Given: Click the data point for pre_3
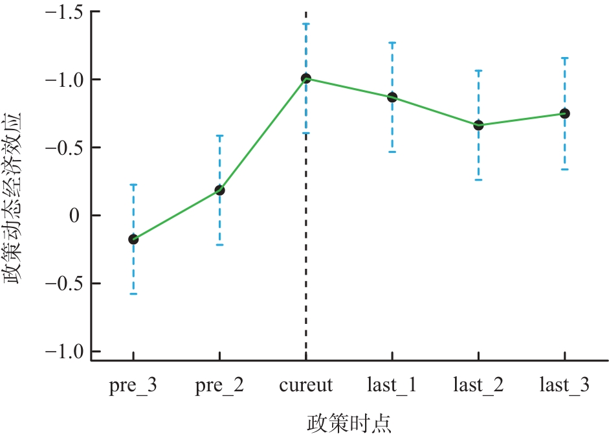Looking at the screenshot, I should tap(133, 239).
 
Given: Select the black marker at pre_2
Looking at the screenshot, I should tap(219, 190).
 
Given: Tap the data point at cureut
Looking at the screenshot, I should tap(306, 78).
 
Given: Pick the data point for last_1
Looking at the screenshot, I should tap(392, 97).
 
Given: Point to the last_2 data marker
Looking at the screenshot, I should tap(478, 125).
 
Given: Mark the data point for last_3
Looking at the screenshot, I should tap(564, 113).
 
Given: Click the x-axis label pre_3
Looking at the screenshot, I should tap(133, 386).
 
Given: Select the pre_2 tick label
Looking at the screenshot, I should tap(219, 386).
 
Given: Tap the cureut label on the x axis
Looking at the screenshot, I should tap(306, 386).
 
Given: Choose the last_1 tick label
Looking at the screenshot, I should tap(392, 386).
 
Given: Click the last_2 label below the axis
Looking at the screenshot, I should tap(478, 386).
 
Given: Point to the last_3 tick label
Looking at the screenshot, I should tap(564, 386).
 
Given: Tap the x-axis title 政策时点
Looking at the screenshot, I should tap(349, 424).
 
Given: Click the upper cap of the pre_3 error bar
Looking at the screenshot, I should tap(133, 185).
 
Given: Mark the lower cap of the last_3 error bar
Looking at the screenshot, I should tap(564, 169).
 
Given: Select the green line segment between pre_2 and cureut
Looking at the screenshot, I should tap(263, 134).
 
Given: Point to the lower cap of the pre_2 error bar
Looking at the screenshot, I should tap(219, 245).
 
